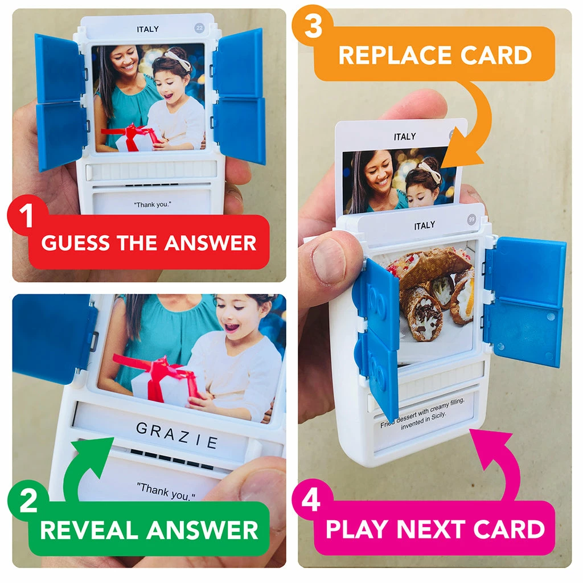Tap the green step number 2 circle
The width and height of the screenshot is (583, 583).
[28, 500]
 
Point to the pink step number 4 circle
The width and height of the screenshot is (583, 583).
[311, 499]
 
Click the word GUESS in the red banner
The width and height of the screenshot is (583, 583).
[75, 243]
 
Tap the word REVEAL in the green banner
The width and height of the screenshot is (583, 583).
[91, 529]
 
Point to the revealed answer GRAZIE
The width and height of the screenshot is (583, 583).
[177, 435]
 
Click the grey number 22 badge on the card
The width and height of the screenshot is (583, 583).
[200, 28]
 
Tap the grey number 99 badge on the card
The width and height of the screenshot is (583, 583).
[472, 219]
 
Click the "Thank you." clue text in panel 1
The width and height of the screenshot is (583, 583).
[153, 204]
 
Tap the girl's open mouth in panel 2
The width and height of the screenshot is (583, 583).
[231, 327]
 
